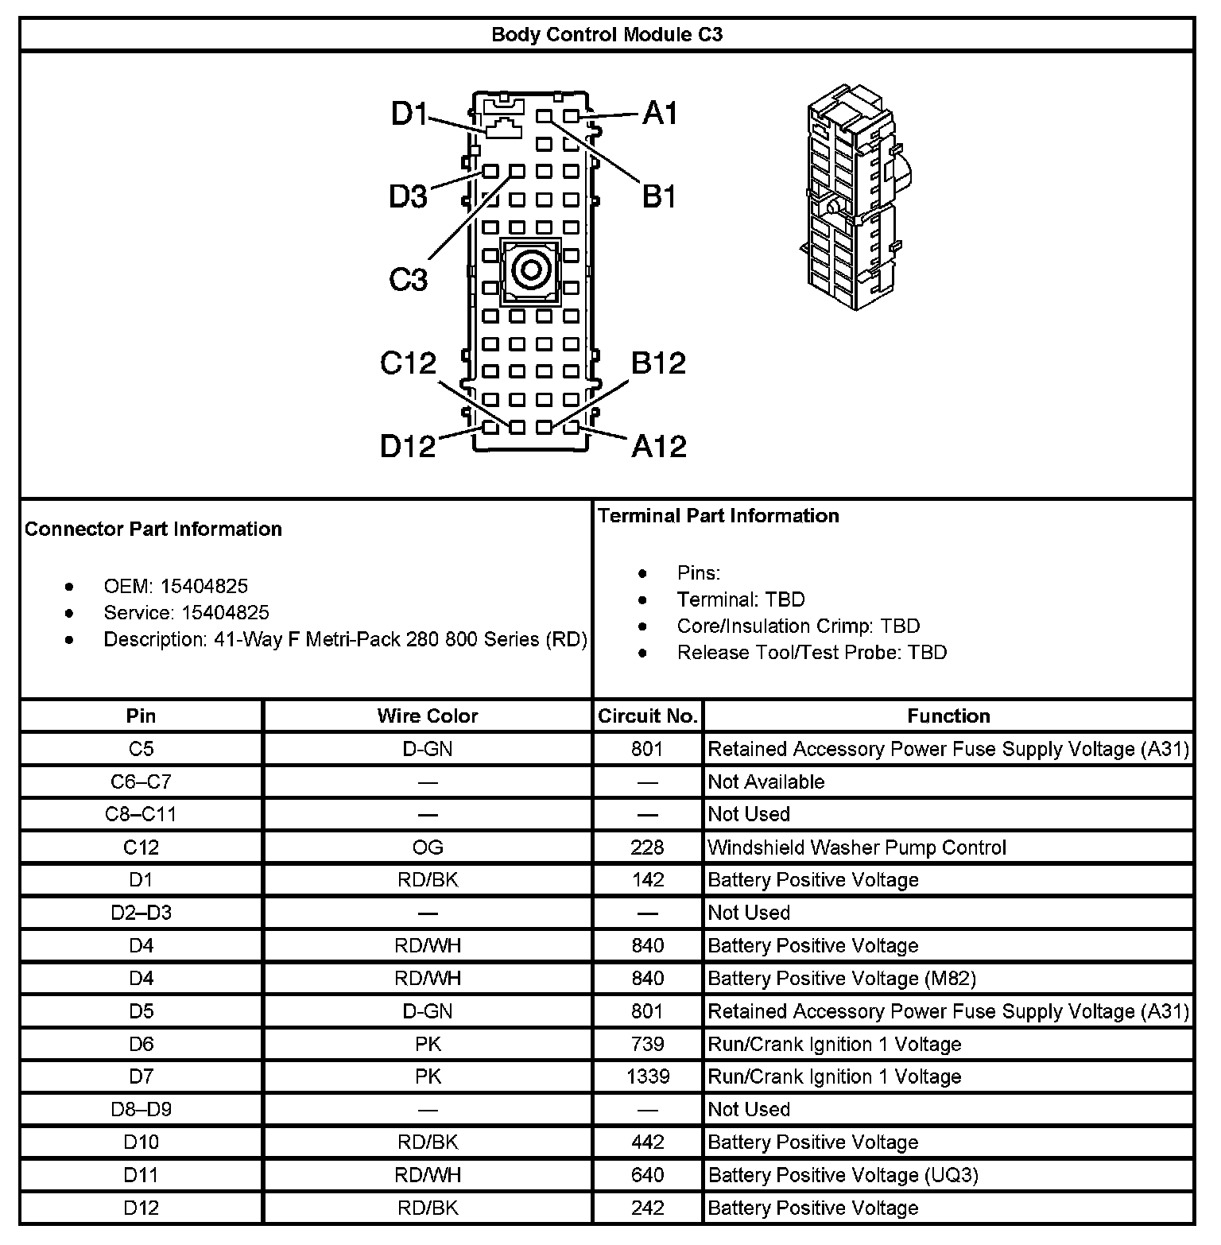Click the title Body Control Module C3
click(x=607, y=35)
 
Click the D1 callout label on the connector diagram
click(x=409, y=114)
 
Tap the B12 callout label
click(x=658, y=363)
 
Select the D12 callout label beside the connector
click(x=408, y=446)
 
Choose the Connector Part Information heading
click(x=153, y=529)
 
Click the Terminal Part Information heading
click(x=719, y=516)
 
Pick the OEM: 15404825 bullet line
click(x=176, y=587)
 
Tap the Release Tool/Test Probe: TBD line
click(x=812, y=653)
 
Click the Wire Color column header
click(x=428, y=716)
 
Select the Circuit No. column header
click(x=647, y=716)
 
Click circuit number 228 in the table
click(x=647, y=847)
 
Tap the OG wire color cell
click(x=428, y=847)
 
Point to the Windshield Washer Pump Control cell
click(x=857, y=847)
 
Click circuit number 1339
click(x=647, y=1076)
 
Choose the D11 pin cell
click(x=141, y=1175)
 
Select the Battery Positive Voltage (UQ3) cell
click(x=843, y=1175)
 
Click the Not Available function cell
click(x=766, y=782)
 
